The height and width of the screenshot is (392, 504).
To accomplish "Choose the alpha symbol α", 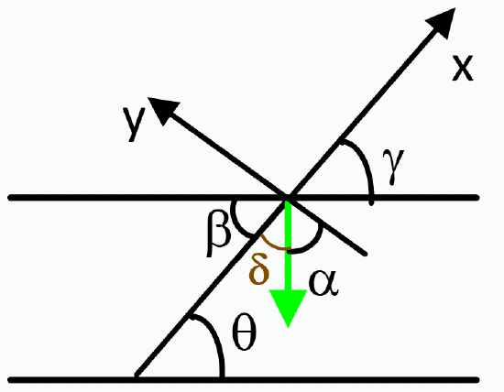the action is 323,281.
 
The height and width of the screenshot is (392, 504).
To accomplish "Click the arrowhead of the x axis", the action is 444,25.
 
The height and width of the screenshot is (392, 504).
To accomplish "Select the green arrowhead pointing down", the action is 290,308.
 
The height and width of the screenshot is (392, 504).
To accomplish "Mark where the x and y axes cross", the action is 288,198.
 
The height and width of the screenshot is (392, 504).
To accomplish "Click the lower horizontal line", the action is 367,378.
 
